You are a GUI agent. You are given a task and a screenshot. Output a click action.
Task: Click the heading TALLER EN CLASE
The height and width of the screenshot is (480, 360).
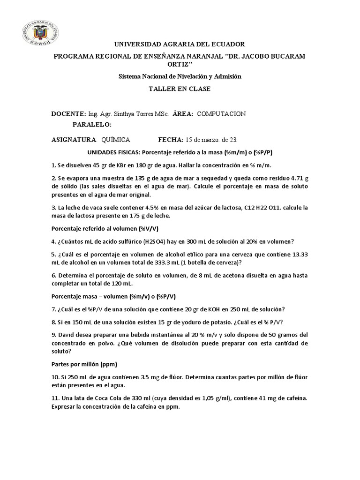tap(180, 89)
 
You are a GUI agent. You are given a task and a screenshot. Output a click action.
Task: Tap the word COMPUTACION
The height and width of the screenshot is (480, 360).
tap(222, 114)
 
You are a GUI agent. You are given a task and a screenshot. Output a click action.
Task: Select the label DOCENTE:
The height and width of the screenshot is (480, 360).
tap(68, 114)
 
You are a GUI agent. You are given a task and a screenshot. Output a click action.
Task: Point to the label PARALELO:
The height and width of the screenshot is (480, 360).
tap(92, 125)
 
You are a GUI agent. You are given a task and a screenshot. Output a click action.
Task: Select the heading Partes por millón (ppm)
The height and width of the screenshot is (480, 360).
tap(83, 364)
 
